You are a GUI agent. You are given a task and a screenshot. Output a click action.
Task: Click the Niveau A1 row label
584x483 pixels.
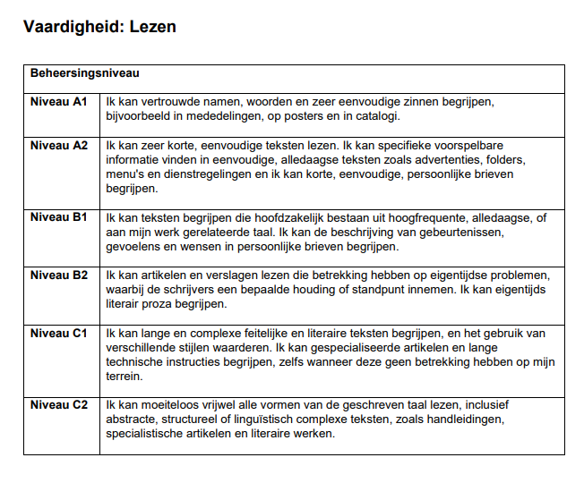point(59,102)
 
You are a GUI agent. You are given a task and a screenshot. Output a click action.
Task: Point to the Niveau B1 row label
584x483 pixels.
point(59,217)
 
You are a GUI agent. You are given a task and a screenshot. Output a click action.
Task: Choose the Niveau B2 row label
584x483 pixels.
point(59,275)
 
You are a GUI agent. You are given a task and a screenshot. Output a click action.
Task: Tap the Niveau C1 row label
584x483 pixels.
point(59,333)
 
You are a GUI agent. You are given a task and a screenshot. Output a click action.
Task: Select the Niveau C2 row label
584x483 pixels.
point(59,405)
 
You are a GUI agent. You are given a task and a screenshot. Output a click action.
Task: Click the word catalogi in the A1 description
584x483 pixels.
point(376,116)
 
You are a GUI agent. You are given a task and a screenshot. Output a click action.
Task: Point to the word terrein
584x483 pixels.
point(125,377)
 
